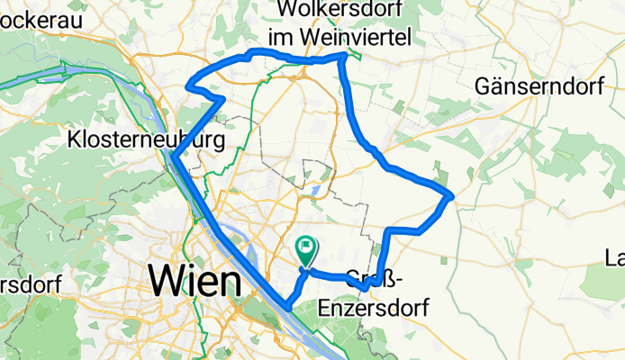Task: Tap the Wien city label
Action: coord(195,282)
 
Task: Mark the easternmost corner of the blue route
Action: coord(450,195)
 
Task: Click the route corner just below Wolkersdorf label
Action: coord(343,57)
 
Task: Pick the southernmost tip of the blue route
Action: coord(287,306)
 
